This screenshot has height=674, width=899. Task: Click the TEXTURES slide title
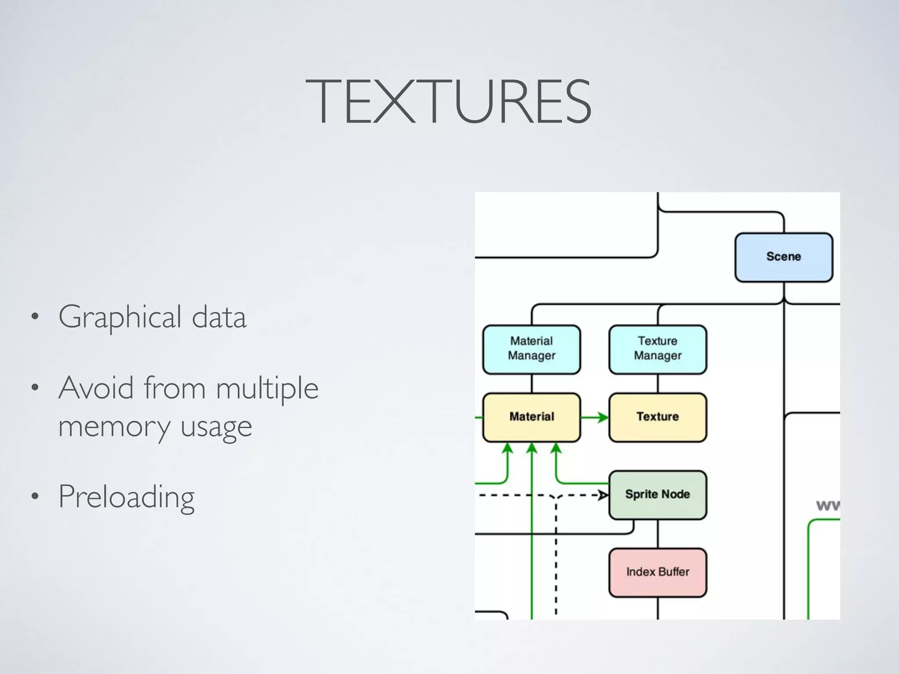click(449, 102)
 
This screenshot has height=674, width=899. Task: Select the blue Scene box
click(784, 257)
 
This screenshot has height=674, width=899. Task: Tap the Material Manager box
click(532, 349)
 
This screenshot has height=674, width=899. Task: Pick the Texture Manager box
click(658, 349)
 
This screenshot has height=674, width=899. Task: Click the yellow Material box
click(532, 417)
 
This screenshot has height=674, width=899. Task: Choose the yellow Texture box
click(658, 417)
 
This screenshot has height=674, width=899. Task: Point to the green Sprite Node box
click(658, 495)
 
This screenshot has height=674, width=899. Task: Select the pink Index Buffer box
click(658, 572)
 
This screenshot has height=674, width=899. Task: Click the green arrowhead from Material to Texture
click(603, 417)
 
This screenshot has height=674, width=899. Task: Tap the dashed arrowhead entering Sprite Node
click(604, 495)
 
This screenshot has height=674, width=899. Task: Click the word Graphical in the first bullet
click(120, 318)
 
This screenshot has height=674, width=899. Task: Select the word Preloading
click(126, 498)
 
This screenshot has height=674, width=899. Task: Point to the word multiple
click(267, 389)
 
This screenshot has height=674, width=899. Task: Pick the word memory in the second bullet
click(114, 427)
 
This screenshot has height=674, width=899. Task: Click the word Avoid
click(96, 388)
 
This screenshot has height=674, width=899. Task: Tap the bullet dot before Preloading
click(35, 497)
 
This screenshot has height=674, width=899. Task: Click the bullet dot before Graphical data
click(35, 317)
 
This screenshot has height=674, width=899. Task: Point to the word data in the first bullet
click(219, 317)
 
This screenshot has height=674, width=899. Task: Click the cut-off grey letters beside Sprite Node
click(828, 505)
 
